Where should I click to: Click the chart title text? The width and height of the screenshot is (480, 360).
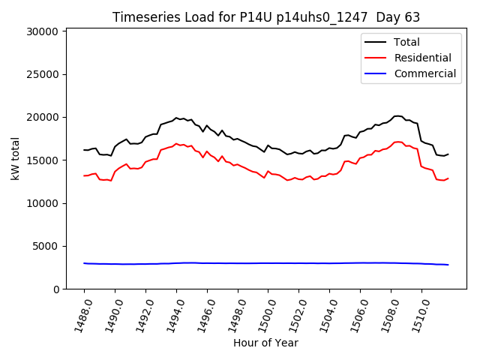click(x=265, y=17)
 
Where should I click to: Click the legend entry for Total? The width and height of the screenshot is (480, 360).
click(x=406, y=42)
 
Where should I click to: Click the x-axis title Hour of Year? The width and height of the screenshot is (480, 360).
click(x=265, y=343)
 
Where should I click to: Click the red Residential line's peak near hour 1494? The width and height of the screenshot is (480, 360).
click(x=176, y=143)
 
